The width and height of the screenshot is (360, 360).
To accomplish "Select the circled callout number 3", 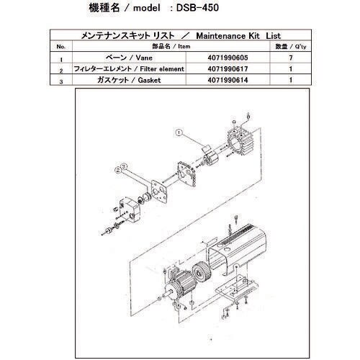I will (x=120, y=170).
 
